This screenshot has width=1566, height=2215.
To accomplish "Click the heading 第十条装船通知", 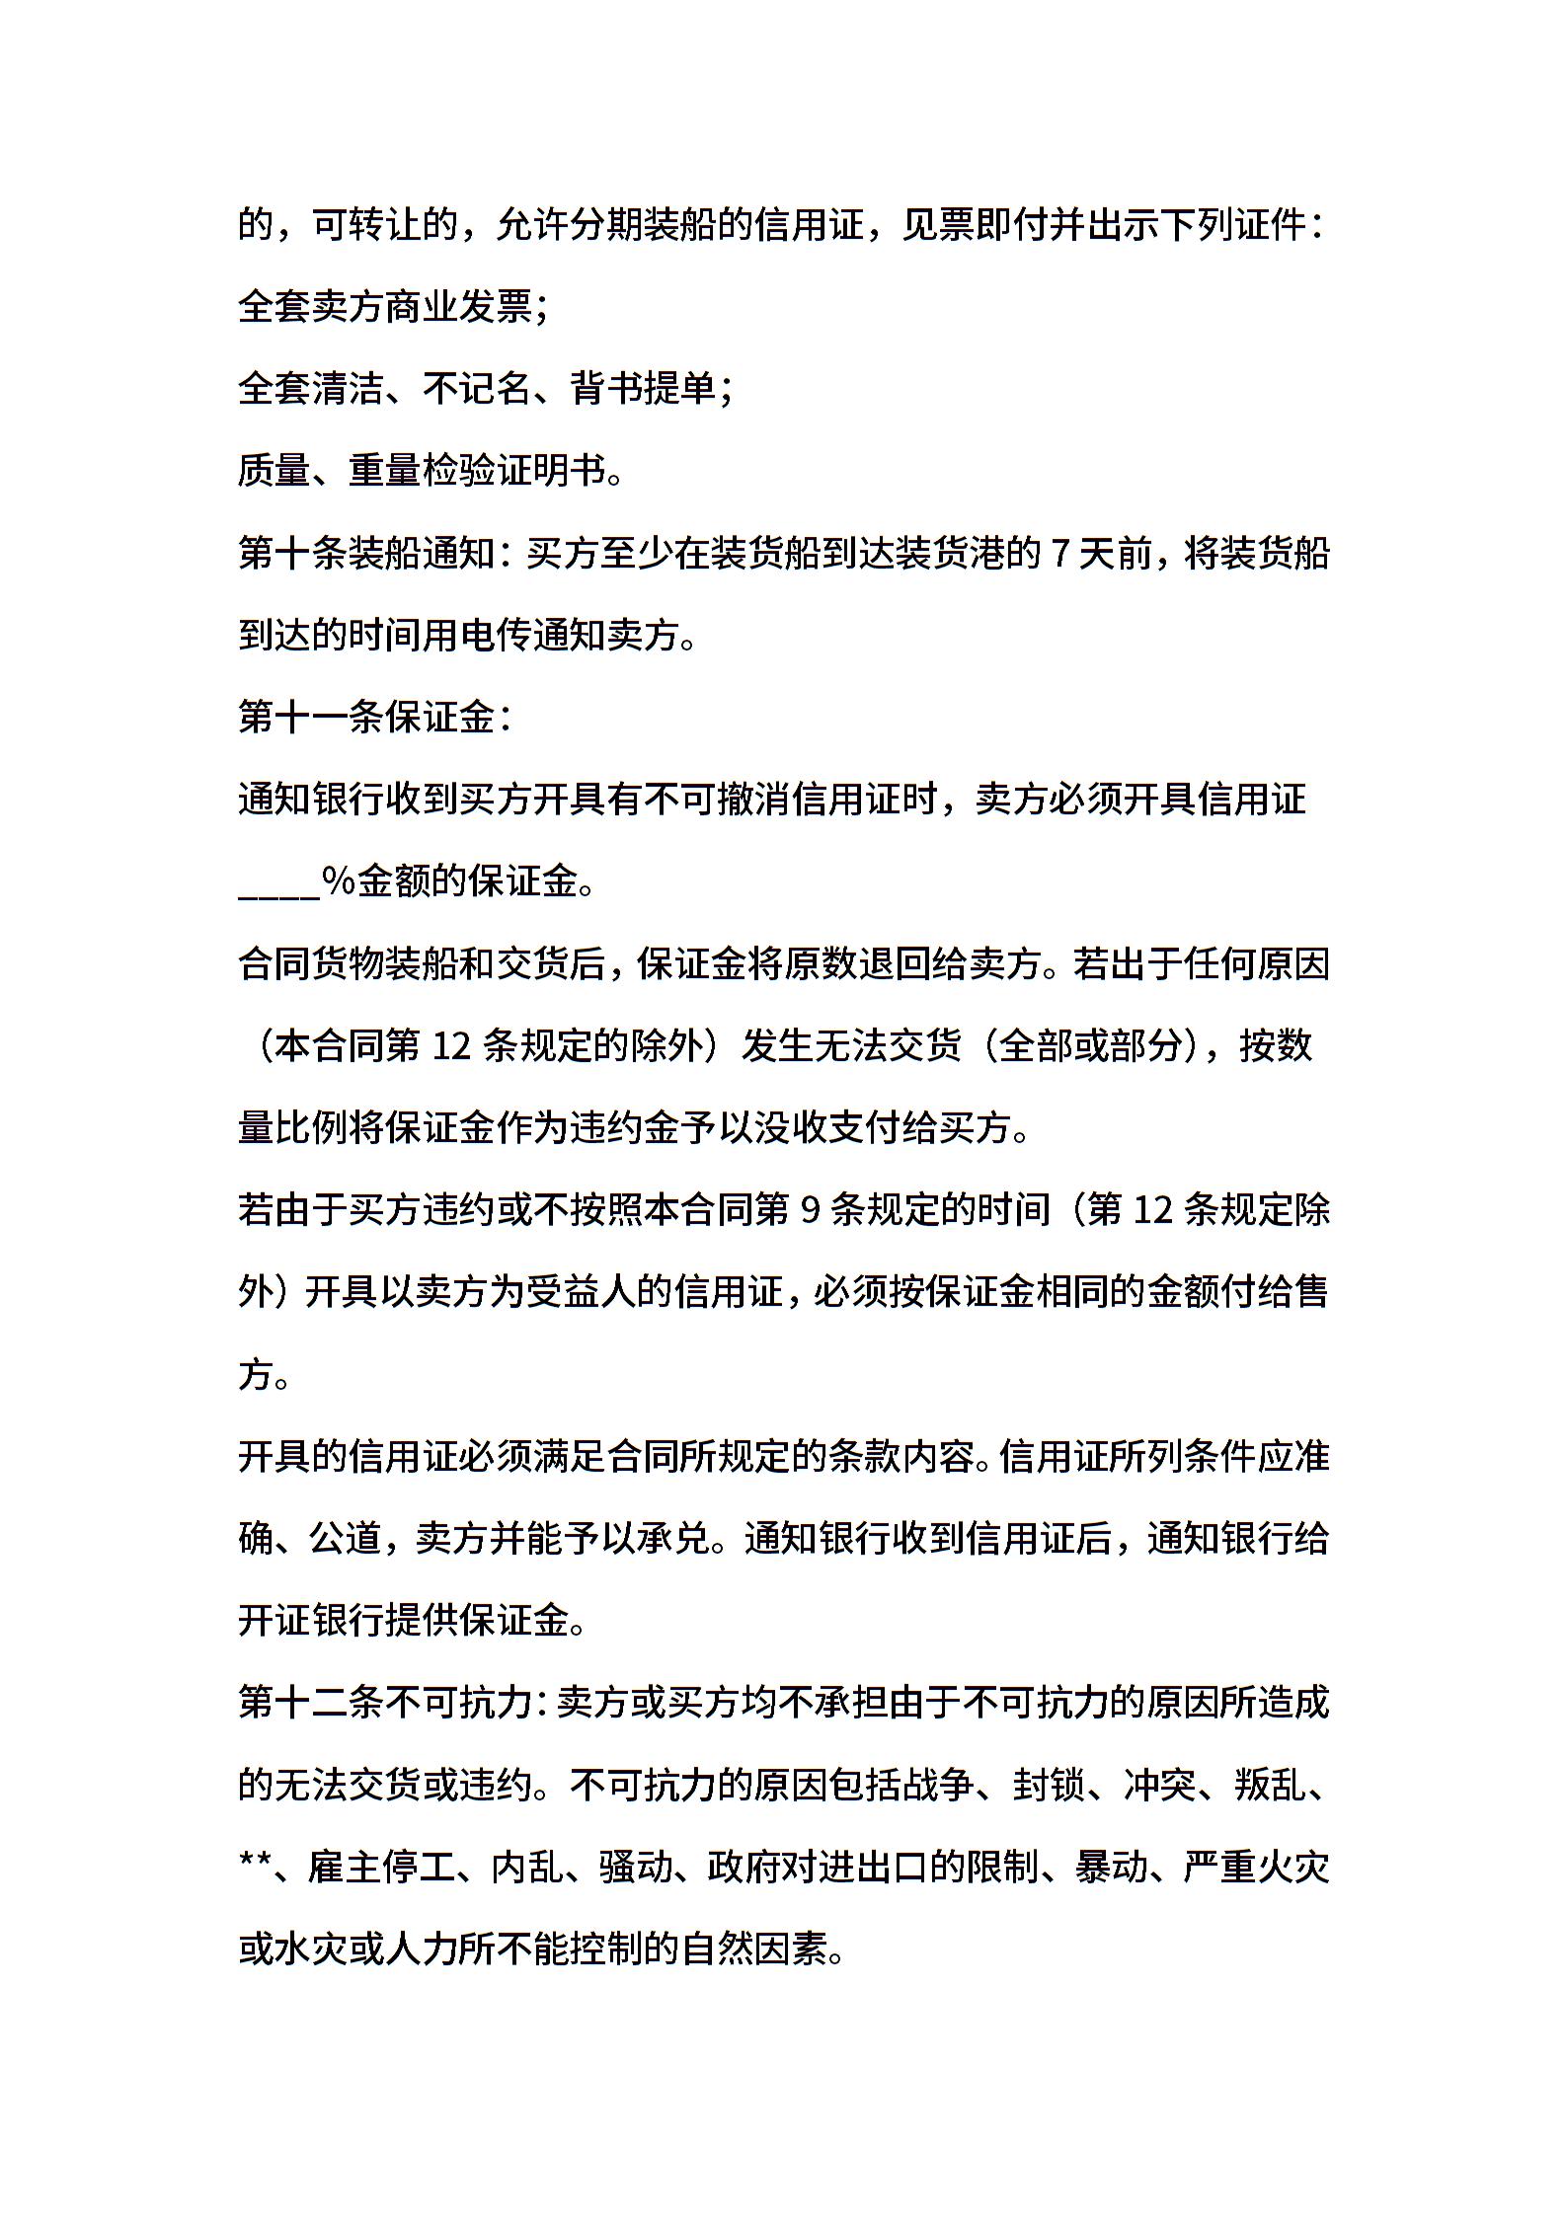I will (x=366, y=554).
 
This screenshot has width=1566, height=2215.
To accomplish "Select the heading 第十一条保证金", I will (x=366, y=718).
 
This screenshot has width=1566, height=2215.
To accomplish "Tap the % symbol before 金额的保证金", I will (x=338, y=881).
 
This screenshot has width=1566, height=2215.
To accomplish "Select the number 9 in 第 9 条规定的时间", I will (x=810, y=1210).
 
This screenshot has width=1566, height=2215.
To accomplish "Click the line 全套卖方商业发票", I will (x=392, y=308).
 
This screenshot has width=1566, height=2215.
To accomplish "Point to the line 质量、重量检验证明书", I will (x=431, y=472).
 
